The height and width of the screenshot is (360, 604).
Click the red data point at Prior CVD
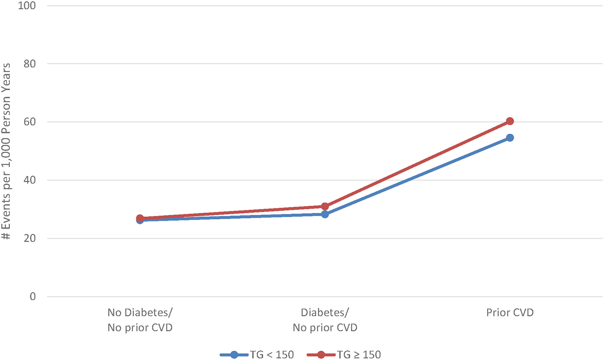click(510, 121)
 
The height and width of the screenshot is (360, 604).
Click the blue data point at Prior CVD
click(510, 138)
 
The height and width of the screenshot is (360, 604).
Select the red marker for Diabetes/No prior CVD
click(325, 207)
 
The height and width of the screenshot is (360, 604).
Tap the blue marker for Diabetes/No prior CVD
click(325, 214)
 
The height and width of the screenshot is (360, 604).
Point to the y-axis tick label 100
click(27, 6)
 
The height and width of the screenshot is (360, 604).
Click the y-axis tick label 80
click(30, 64)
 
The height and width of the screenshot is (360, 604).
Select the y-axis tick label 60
click(30, 122)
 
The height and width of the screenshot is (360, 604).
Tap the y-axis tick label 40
click(30, 180)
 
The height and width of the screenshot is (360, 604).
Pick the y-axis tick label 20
click(30, 238)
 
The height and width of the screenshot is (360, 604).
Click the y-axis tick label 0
click(33, 297)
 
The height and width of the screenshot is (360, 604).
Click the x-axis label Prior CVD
click(510, 313)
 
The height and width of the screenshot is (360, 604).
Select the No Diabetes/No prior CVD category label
click(140, 320)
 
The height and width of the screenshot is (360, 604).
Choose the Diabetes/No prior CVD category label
click(325, 320)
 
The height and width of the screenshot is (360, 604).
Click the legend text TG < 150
click(272, 354)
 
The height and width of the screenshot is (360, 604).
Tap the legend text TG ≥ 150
click(359, 354)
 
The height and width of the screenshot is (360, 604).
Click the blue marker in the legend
click(234, 354)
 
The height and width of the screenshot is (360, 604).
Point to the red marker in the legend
click(321, 354)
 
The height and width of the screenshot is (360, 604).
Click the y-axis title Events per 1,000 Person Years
click(6, 151)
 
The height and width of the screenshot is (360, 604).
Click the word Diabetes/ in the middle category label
click(325, 313)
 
